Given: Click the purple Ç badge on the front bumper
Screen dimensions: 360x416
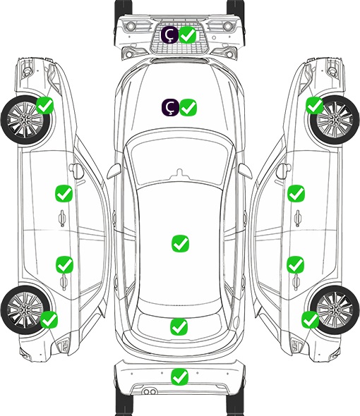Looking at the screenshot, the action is point(170,35).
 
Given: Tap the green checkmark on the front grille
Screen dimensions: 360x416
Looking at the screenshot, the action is point(188,35).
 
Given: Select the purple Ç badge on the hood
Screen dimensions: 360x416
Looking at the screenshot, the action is point(170,107).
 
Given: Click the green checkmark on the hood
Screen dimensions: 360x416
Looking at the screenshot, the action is point(188,107).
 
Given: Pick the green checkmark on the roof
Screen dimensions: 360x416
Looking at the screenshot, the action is point(181,243).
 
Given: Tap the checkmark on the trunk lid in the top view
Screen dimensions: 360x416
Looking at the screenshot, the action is point(179,326).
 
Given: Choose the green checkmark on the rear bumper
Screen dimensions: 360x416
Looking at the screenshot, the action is point(180,377).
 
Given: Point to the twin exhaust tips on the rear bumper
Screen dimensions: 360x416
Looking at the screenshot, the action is point(150,391).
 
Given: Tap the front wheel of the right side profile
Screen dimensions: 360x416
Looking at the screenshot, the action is point(335,120).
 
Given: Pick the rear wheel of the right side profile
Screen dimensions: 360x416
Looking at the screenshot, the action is point(335,310).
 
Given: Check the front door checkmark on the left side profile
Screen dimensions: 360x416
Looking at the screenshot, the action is point(64,193).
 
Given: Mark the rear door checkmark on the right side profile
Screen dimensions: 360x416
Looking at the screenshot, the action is point(295,264).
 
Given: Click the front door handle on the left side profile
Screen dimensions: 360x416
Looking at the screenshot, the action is point(62,218).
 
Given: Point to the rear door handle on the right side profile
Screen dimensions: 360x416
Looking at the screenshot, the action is point(296,282).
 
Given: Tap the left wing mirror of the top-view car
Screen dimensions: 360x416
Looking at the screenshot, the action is point(114,171).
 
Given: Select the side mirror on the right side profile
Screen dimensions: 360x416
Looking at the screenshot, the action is point(282,171).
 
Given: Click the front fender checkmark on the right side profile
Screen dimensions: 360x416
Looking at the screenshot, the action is point(315,105).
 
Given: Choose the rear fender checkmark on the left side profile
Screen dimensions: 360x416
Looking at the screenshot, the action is point(49,319).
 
